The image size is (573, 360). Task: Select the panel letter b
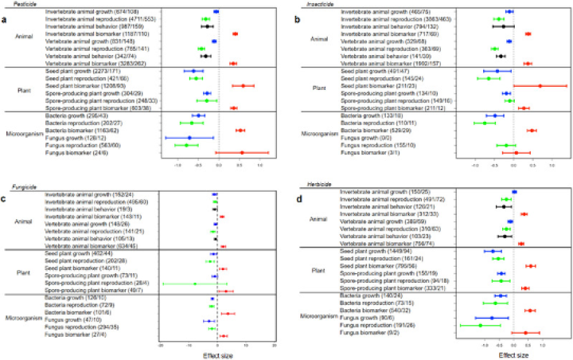tap(296, 18)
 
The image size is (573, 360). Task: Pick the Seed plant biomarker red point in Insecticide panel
tap(540, 86)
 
